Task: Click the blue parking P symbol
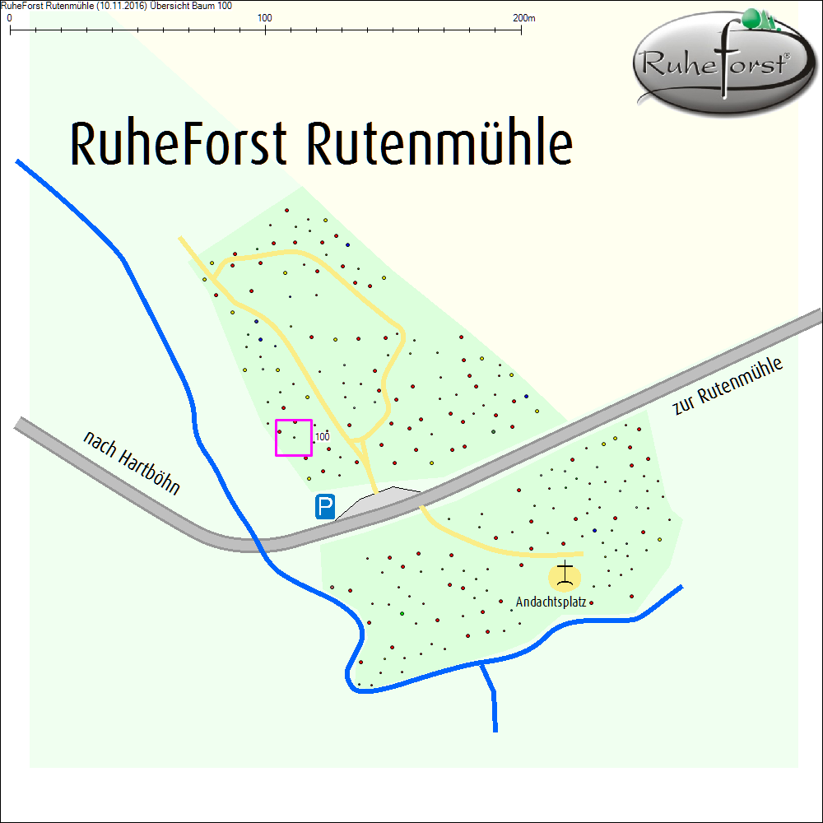click(325, 507)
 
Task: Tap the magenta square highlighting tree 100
click(293, 437)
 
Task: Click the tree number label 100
click(323, 436)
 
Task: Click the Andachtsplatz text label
click(550, 602)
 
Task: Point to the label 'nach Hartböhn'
click(132, 462)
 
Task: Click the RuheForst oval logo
click(718, 66)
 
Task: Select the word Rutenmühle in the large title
click(439, 144)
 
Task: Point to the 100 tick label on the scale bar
click(265, 18)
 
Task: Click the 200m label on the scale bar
click(523, 18)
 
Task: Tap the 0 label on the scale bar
click(9, 18)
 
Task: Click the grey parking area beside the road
click(379, 501)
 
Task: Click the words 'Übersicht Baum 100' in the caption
click(188, 5)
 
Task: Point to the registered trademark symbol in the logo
click(787, 56)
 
